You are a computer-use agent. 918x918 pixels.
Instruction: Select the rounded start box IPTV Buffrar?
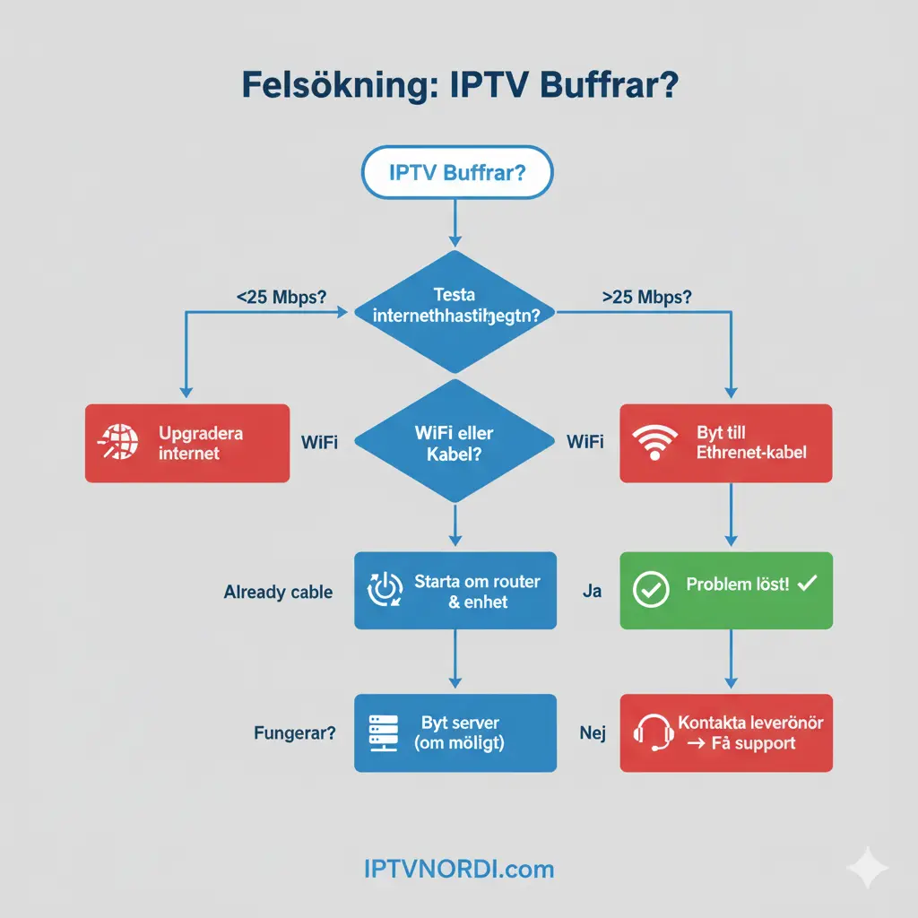click(x=457, y=172)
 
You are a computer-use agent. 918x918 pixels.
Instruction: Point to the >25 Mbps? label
click(x=646, y=298)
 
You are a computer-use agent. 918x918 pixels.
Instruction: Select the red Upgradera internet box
click(x=186, y=443)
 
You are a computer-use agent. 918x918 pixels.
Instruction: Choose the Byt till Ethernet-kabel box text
click(x=751, y=442)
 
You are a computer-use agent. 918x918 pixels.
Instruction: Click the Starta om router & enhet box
click(x=455, y=591)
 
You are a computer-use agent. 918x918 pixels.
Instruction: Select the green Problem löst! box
click(x=726, y=589)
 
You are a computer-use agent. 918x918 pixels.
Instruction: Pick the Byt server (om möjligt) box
click(x=455, y=732)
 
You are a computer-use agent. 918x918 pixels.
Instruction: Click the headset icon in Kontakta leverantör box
click(x=653, y=732)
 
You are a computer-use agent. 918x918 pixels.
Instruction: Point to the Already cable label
click(x=278, y=593)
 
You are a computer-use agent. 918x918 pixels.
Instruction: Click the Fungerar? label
click(x=295, y=733)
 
